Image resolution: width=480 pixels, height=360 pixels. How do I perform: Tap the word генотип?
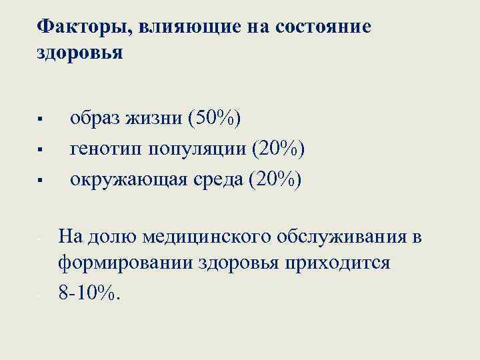[x=106, y=149]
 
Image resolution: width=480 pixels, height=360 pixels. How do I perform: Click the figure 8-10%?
[x=90, y=293]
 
